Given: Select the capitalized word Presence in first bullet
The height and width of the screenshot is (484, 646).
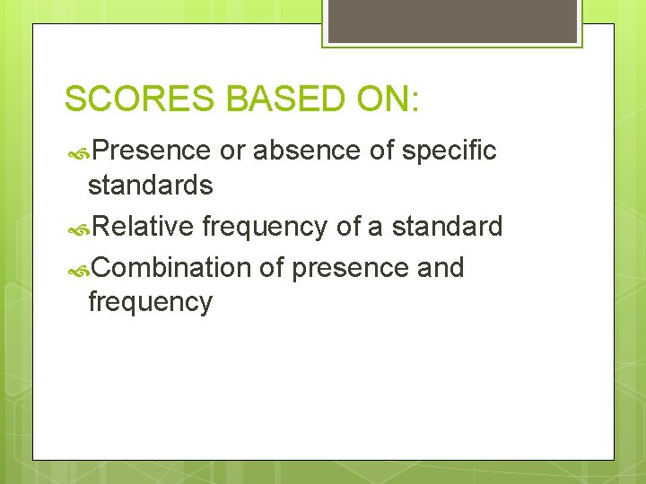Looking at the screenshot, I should point(151,151).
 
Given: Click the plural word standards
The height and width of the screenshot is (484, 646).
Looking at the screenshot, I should point(150,186).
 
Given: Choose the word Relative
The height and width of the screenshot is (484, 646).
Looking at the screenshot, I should point(141,227).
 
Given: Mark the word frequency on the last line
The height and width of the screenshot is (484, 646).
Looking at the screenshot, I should point(150,303).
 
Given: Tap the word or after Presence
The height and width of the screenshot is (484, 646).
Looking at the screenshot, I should point(232,151).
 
